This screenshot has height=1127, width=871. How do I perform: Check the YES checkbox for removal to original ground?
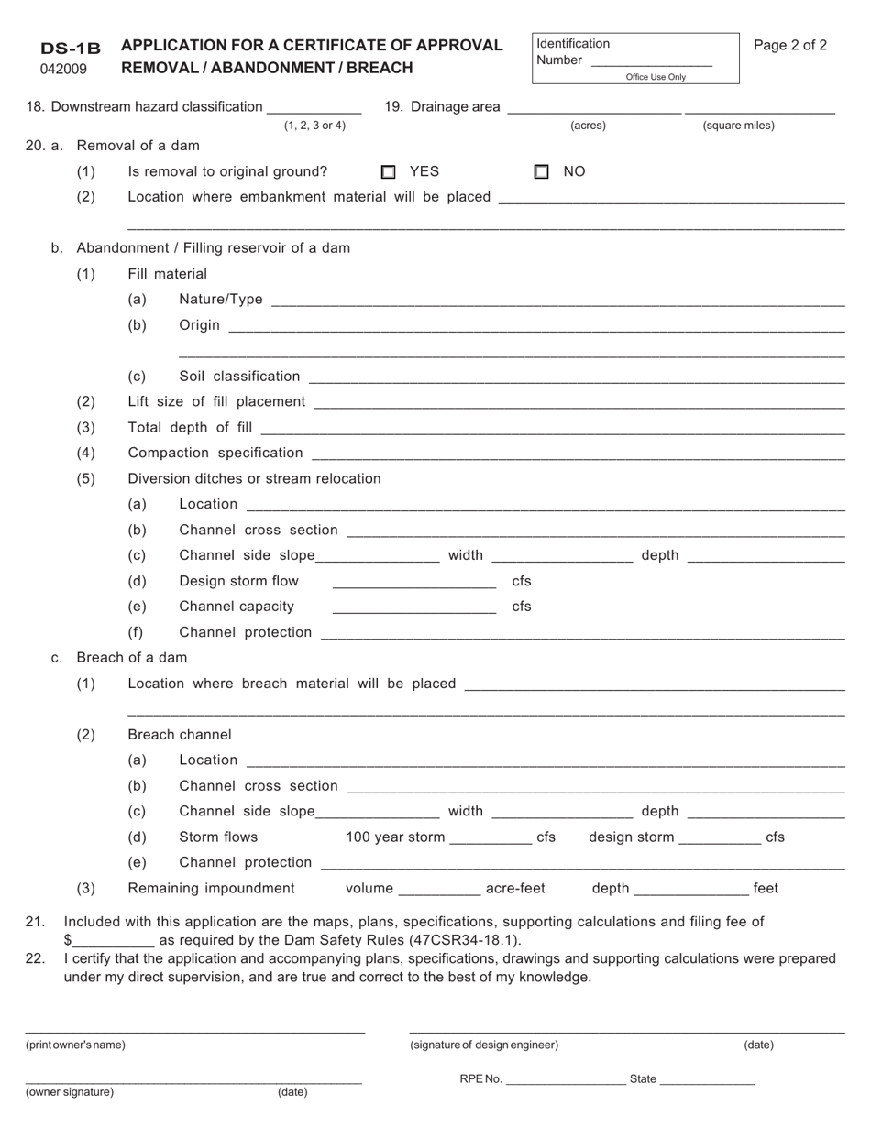389,171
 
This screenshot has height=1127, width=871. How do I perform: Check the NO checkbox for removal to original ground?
542,171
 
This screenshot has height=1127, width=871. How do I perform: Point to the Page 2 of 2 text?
790,45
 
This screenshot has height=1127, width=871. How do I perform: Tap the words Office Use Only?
656,77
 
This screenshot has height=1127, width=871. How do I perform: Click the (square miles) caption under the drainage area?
738,126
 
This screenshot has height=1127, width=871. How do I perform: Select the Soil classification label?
239,377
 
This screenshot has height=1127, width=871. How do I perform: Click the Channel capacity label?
237,607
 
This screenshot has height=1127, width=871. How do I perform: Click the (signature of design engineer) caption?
484,1045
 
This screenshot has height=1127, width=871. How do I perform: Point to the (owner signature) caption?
70,1091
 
